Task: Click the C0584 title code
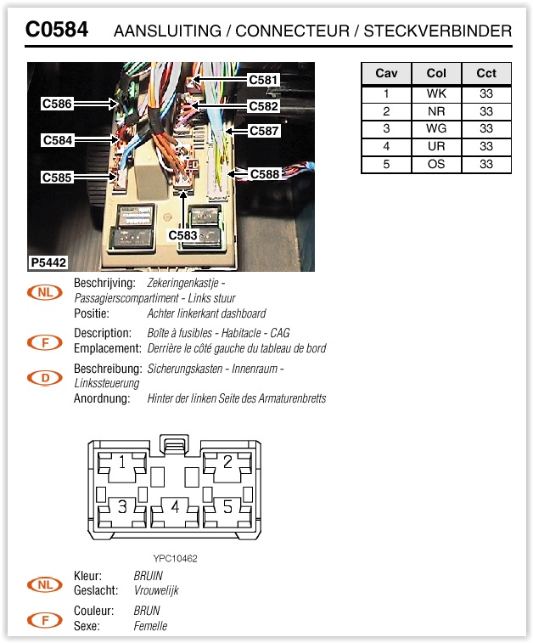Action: point(56,31)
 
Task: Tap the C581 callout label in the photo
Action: point(263,80)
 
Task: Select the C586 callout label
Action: point(58,104)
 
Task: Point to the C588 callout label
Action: point(265,174)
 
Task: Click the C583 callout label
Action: point(182,234)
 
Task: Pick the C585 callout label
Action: point(58,178)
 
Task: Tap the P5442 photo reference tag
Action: point(48,263)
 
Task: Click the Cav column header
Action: point(386,73)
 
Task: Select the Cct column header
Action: point(486,73)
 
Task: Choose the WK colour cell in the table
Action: point(436,94)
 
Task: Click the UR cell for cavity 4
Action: point(436,147)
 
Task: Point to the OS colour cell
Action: point(436,164)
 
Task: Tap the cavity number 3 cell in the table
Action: point(386,129)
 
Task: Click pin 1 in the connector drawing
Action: point(122,463)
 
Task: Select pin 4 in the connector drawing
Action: point(175,507)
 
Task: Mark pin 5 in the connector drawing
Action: point(227,507)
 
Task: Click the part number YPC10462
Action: point(176,558)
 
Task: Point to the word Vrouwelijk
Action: point(156,590)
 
